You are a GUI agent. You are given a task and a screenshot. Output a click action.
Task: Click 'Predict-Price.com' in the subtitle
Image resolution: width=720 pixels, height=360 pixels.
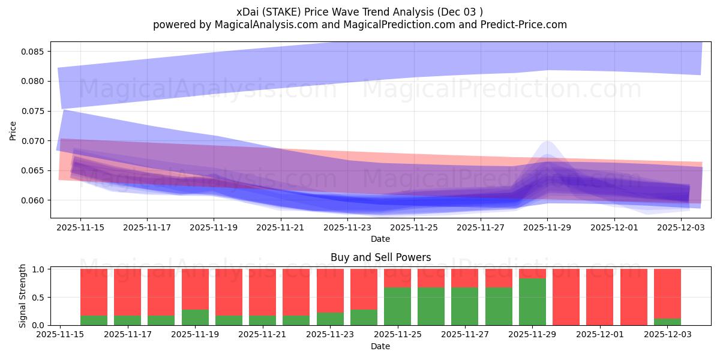(x=519, y=25)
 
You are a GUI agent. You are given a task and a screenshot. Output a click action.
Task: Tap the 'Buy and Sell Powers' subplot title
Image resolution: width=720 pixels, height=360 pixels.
(x=380, y=257)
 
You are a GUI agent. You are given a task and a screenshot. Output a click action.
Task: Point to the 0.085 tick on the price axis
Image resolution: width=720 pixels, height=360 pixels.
(x=34, y=52)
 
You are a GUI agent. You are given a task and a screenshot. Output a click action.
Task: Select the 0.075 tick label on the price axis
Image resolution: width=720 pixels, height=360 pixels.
(x=34, y=111)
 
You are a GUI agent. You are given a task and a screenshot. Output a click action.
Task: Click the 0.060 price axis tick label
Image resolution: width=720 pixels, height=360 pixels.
(x=34, y=200)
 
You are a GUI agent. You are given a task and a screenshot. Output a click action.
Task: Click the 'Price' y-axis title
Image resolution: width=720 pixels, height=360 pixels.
(x=13, y=130)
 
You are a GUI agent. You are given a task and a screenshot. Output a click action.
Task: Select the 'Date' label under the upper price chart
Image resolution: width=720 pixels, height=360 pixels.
(x=380, y=239)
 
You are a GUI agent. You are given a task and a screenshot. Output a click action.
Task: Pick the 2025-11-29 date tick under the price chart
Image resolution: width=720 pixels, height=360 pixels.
(x=547, y=227)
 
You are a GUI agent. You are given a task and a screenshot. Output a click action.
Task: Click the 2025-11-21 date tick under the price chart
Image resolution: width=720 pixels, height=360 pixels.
(x=280, y=227)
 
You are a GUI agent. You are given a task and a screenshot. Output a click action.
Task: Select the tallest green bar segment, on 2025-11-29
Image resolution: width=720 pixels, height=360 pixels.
(x=533, y=302)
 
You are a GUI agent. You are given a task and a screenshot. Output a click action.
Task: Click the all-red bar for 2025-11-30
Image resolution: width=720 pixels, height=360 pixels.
(x=566, y=297)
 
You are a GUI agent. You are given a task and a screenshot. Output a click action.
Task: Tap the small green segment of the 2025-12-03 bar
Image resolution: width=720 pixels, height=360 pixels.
(x=668, y=322)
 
